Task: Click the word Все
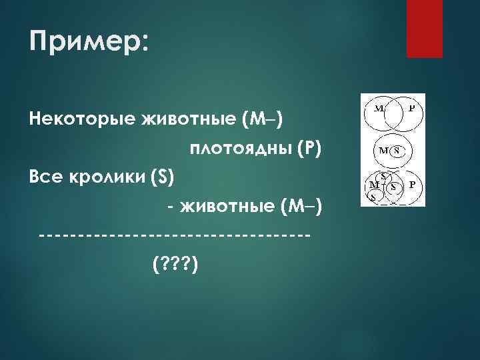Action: (46, 178)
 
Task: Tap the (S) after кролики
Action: (163, 178)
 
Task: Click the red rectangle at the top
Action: (425, 28)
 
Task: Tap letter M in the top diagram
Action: (379, 107)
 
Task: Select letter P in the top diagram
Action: (411, 107)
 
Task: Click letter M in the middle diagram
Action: (384, 151)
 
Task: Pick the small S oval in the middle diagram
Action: (396, 151)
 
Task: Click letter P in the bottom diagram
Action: (411, 184)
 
